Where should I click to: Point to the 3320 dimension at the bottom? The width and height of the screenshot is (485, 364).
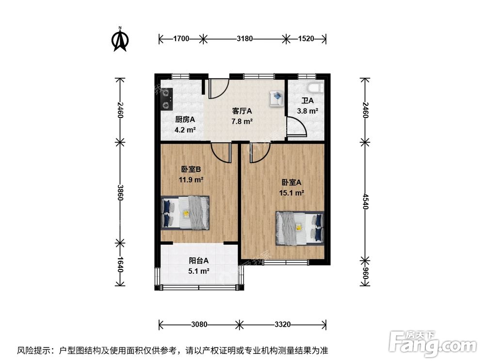(x=281, y=324)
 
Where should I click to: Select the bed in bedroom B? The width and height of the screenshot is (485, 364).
(x=185, y=213)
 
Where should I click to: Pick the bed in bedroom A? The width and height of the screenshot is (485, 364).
(x=299, y=228)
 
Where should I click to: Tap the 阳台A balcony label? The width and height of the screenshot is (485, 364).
(x=199, y=260)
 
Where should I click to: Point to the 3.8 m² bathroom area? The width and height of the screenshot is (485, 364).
(x=307, y=111)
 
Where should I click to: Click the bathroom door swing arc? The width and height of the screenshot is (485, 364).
(x=297, y=129)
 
